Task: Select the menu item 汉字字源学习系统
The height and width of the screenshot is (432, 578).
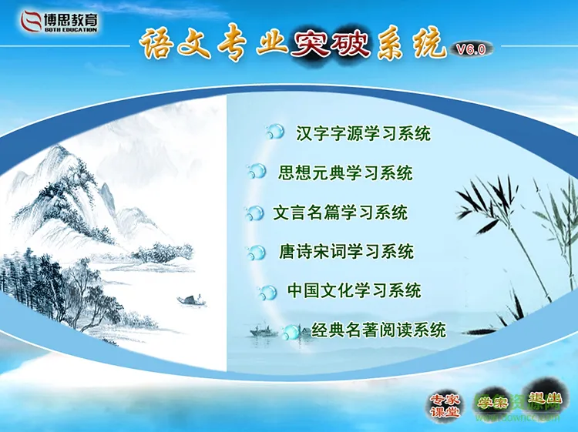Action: pyautogui.click(x=363, y=133)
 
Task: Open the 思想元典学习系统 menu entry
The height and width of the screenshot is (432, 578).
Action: pyautogui.click(x=345, y=172)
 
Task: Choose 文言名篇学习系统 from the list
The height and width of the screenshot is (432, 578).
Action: pyautogui.click(x=340, y=213)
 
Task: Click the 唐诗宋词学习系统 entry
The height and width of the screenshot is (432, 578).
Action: pyautogui.click(x=346, y=252)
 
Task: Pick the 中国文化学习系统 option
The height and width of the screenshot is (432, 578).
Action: pyautogui.click(x=354, y=291)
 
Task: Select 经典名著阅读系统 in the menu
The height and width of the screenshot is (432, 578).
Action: pyautogui.click(x=378, y=331)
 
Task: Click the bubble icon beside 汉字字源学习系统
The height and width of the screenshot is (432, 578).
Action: pyautogui.click(x=274, y=132)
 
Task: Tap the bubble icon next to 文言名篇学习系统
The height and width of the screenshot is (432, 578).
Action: pyautogui.click(x=254, y=213)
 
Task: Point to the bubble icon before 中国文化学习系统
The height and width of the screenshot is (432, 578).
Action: pyautogui.click(x=267, y=292)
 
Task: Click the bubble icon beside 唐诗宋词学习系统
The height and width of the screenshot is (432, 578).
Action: pyautogui.click(x=256, y=252)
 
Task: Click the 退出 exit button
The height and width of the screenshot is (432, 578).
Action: pyautogui.click(x=543, y=403)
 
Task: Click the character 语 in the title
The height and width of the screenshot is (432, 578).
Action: pyautogui.click(x=160, y=44)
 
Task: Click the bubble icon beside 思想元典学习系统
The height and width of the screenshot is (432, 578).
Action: pyautogui.click(x=257, y=172)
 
